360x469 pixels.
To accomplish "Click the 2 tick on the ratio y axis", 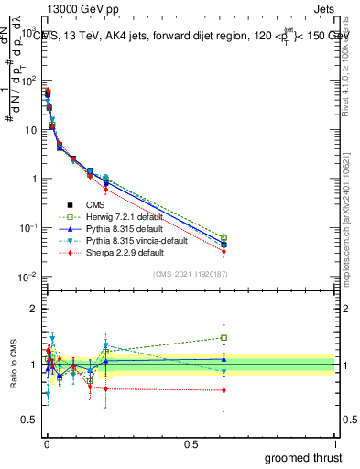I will click(36, 309).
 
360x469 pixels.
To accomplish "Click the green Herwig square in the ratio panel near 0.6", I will click(224, 337).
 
